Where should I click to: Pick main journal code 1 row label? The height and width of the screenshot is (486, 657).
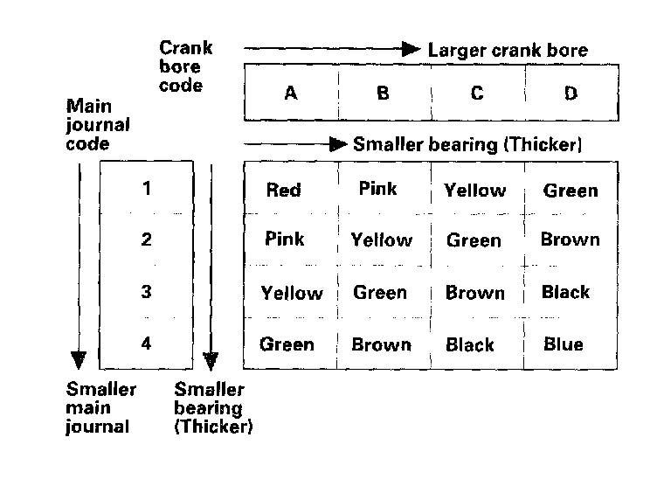[146, 188]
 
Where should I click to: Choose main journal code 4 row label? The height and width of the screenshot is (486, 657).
[146, 344]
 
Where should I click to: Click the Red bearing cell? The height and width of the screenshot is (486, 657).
[283, 190]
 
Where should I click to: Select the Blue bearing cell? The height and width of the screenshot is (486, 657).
[563, 344]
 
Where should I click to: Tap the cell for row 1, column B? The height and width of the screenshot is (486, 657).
[377, 188]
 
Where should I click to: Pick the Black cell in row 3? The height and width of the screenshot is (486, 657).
[565, 293]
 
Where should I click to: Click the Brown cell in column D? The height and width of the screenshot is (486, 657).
[570, 240]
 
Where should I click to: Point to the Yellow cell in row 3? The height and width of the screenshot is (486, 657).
[292, 294]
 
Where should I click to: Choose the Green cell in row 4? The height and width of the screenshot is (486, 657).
[287, 344]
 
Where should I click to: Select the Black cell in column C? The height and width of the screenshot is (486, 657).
[470, 345]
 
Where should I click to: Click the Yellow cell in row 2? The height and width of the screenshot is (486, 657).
[381, 240]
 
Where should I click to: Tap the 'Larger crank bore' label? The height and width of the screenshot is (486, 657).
[508, 50]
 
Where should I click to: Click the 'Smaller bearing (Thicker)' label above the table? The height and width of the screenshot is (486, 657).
[467, 144]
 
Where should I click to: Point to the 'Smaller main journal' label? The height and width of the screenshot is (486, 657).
[101, 408]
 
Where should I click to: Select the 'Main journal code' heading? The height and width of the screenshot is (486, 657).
[98, 124]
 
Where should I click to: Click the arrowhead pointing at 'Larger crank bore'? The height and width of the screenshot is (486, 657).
[411, 49]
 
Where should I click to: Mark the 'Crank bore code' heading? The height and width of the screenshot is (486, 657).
[185, 66]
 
